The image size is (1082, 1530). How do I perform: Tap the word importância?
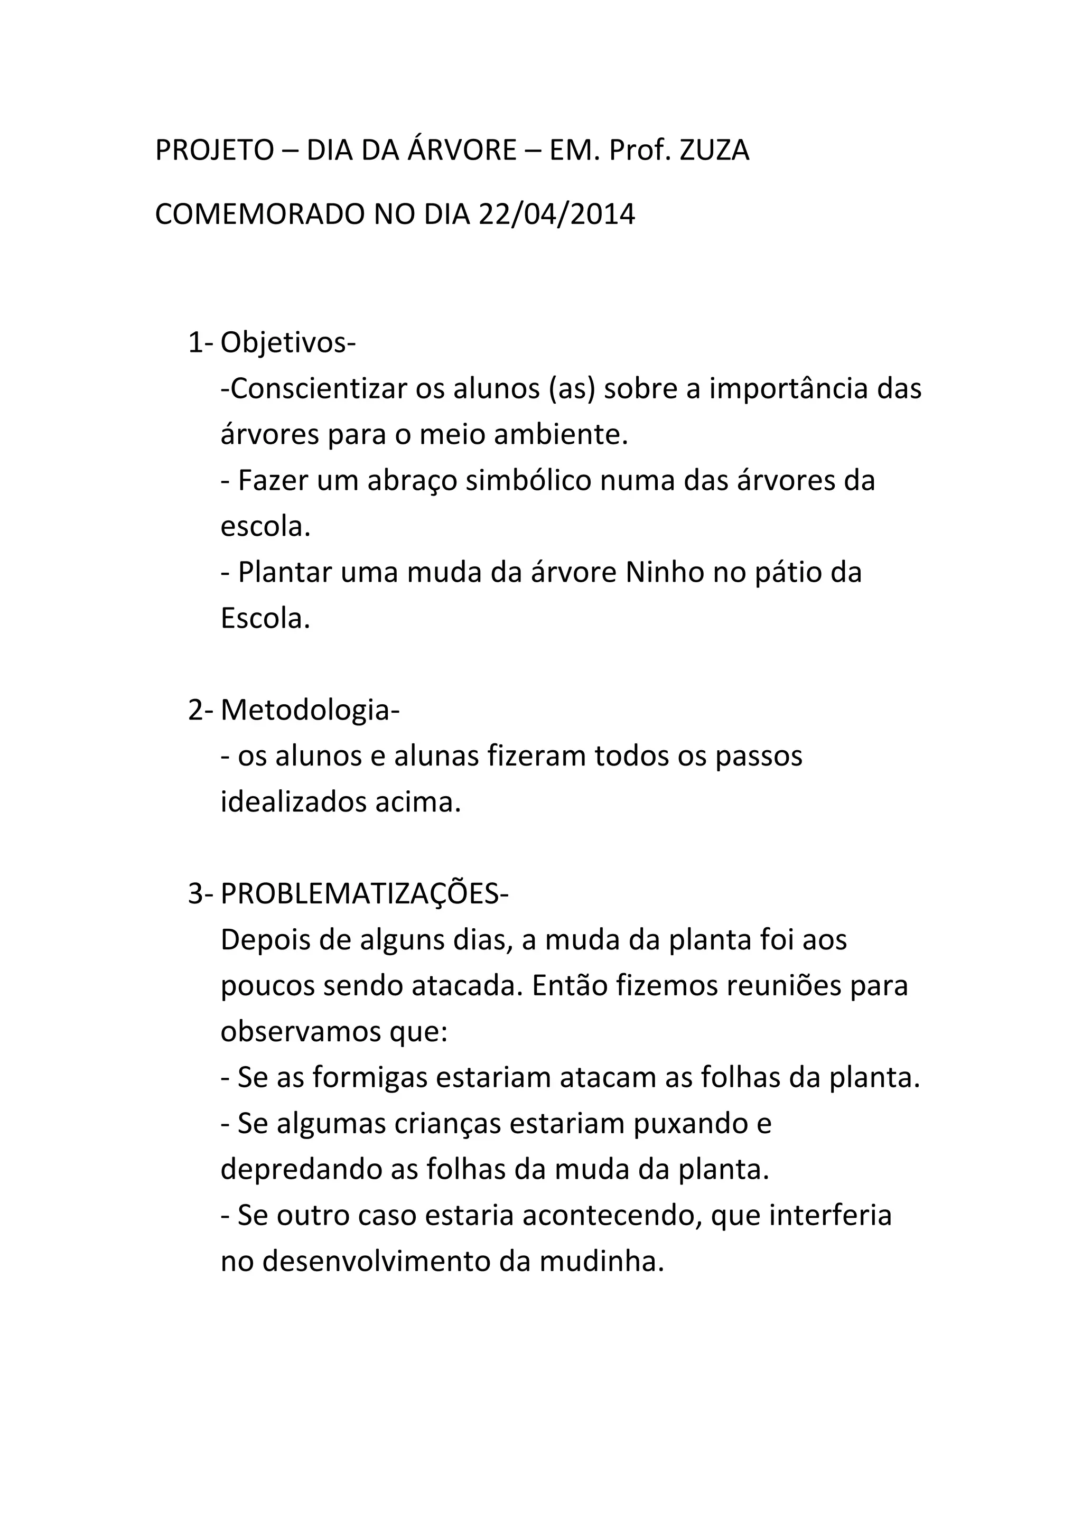click(788, 389)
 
